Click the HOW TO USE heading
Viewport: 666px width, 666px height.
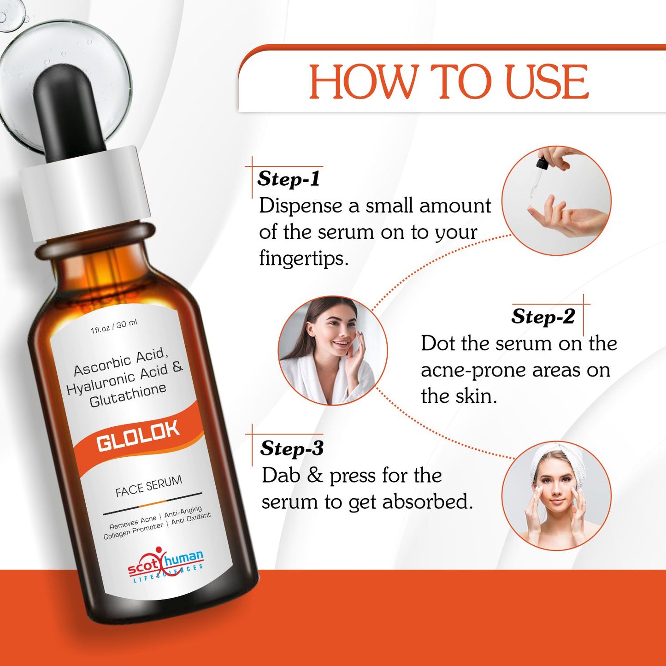click(x=448, y=82)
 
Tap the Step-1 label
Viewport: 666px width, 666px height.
click(x=289, y=179)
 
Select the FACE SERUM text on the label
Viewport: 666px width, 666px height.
click(x=148, y=487)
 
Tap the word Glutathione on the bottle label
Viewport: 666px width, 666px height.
click(x=128, y=395)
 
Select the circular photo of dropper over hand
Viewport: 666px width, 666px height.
click(x=556, y=200)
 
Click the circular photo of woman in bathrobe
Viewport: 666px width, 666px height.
click(x=333, y=350)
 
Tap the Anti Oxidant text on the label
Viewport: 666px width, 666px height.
click(x=191, y=519)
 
